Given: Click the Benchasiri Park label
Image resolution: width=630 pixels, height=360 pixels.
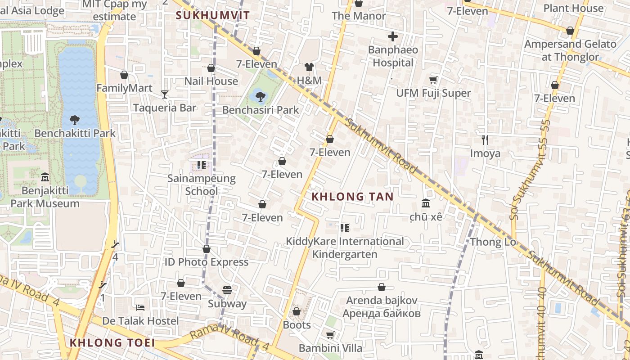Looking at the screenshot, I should (x=261, y=110).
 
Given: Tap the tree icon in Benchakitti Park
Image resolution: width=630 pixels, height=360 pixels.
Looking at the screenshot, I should (x=75, y=120).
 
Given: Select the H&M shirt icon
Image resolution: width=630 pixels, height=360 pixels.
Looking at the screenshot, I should (x=309, y=67).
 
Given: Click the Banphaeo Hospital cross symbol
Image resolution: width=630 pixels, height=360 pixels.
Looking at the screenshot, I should (x=393, y=36).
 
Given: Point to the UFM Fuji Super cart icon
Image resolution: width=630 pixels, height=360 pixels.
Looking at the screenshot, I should (x=433, y=80).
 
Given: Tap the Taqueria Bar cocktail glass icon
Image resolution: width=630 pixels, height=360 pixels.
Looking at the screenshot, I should (x=165, y=94).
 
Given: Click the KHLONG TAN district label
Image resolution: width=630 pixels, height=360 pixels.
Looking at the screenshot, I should (x=352, y=197).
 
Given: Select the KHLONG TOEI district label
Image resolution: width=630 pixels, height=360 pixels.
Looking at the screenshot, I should (x=112, y=343).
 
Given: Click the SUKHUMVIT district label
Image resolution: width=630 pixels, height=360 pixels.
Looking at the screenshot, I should (x=212, y=15).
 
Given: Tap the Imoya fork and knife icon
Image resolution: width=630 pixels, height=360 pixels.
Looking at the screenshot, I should (x=485, y=140).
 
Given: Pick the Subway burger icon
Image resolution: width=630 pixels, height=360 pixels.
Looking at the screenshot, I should (x=227, y=290).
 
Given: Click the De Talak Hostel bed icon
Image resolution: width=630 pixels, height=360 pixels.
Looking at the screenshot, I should (x=140, y=308).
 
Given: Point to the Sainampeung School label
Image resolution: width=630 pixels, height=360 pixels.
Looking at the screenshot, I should (x=202, y=184).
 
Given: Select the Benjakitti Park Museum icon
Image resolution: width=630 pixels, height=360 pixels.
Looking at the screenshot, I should (x=45, y=177).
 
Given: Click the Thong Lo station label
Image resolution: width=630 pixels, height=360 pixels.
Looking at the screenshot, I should (x=492, y=242).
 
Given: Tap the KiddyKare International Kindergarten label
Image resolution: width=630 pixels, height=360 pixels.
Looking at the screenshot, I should (x=345, y=248).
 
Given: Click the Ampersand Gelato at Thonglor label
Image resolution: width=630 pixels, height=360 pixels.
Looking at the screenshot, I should (x=570, y=50).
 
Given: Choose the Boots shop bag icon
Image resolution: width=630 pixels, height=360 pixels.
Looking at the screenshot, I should (x=297, y=311).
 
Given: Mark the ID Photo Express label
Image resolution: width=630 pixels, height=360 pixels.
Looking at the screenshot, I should (x=206, y=262).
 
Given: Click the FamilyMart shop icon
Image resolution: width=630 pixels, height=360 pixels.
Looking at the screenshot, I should (x=124, y=75).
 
